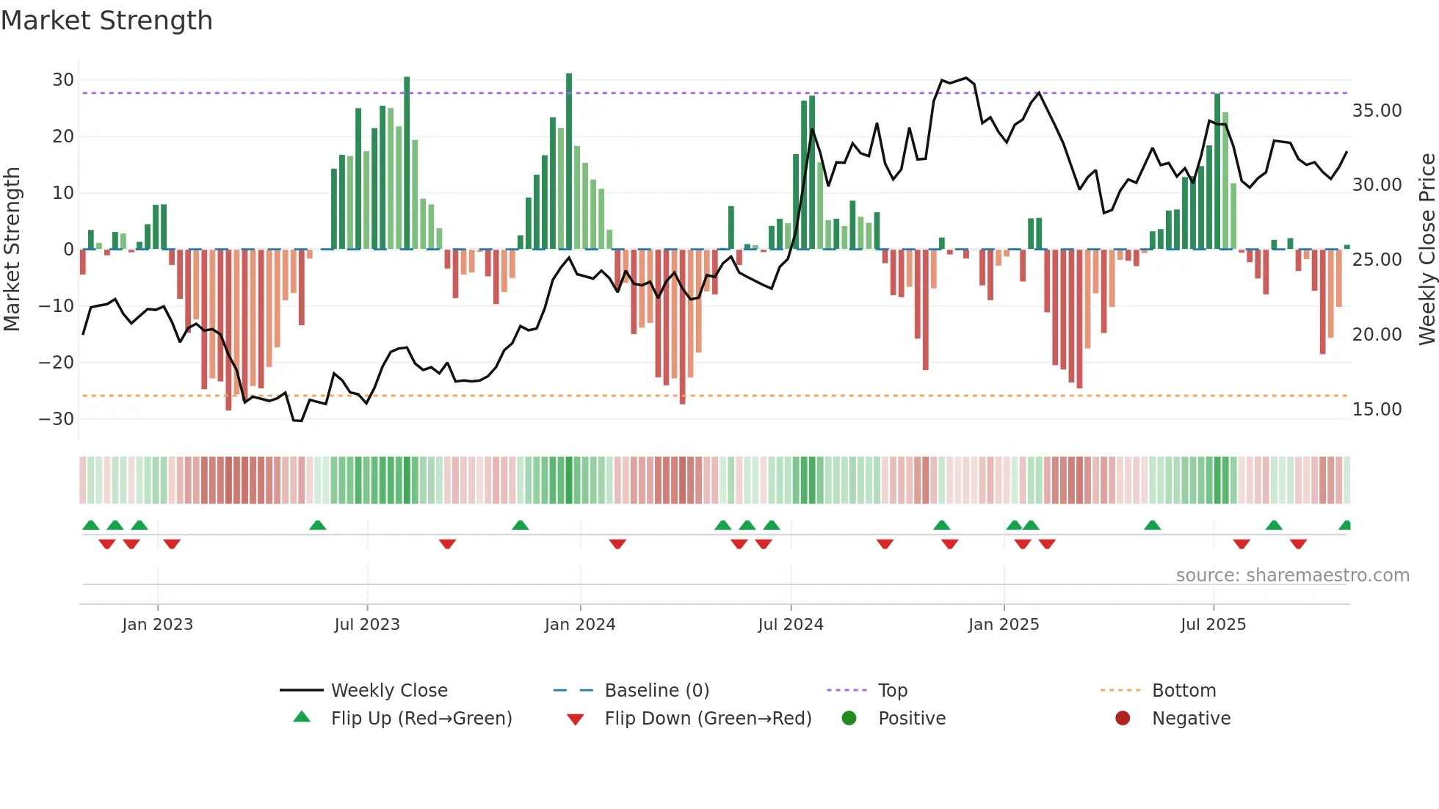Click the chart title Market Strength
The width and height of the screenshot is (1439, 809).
coord(106,21)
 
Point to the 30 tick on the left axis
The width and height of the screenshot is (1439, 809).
coord(63,80)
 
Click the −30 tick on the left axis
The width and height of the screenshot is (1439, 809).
coord(57,419)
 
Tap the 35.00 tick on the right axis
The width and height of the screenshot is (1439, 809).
coord(1377,111)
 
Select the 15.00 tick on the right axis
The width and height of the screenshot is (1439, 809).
coord(1377,410)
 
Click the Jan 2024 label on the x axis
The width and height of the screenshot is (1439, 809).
coord(579,625)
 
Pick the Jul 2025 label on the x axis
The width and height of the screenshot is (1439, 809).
coord(1213,625)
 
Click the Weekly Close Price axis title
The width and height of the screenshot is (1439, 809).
coord(1427,250)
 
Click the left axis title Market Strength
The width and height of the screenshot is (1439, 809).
coord(12,250)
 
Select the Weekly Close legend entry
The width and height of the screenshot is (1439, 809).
coord(388,691)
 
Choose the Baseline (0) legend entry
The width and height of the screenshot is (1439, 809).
coord(656,691)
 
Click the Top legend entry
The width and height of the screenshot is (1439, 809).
coord(892,691)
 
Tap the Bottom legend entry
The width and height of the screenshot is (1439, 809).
coord(1184,691)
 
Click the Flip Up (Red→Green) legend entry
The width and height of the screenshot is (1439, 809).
coord(421,719)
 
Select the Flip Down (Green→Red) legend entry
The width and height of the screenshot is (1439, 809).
coord(708,719)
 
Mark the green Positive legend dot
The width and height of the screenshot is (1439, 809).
coord(849,719)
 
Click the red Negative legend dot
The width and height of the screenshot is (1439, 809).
coord(1123,719)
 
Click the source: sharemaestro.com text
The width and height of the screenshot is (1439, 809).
coord(1292,576)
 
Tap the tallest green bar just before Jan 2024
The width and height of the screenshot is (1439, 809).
coord(569,162)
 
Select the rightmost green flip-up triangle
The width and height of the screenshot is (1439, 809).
coord(1345,526)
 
